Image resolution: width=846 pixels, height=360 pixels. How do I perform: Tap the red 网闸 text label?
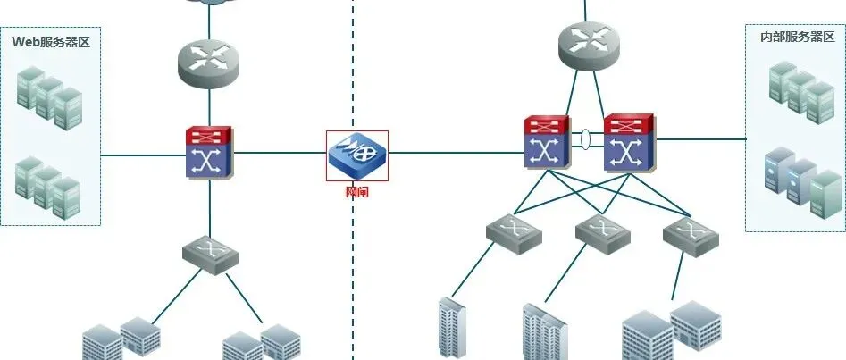356,190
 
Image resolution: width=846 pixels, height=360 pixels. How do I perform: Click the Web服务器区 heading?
51,42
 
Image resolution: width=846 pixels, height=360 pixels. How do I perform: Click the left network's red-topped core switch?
209,153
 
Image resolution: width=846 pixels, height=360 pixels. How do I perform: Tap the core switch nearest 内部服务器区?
631,142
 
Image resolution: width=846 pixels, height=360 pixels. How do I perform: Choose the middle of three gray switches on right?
603,231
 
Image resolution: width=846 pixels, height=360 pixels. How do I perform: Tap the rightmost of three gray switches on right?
691,236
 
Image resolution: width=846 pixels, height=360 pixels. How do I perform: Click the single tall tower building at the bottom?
452,329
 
